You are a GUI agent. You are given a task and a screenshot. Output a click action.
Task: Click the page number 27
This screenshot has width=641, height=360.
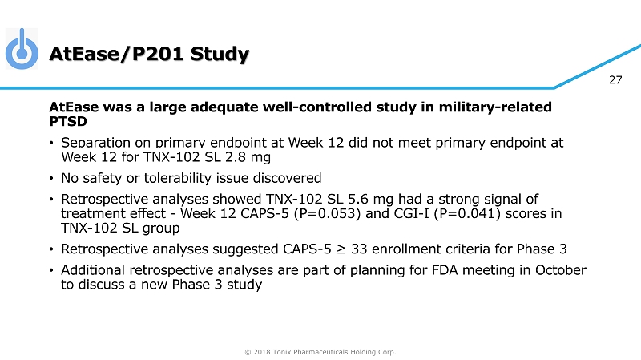(x=615, y=79)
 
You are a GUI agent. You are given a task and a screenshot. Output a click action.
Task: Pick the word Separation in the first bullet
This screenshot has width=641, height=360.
(x=95, y=143)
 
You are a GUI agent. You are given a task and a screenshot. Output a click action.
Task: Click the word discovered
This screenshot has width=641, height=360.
(x=287, y=177)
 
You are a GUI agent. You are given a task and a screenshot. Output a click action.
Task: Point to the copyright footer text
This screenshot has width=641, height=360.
(x=320, y=351)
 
